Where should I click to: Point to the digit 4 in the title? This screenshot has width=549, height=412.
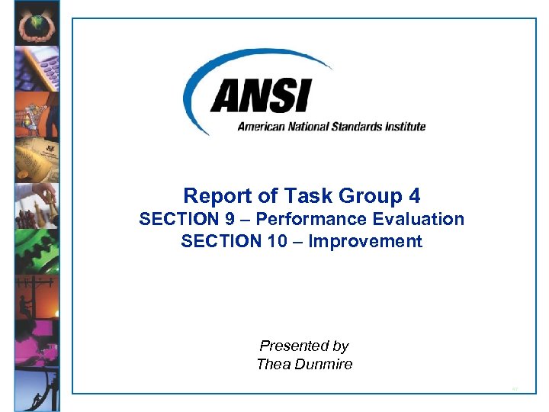[x=415, y=196]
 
